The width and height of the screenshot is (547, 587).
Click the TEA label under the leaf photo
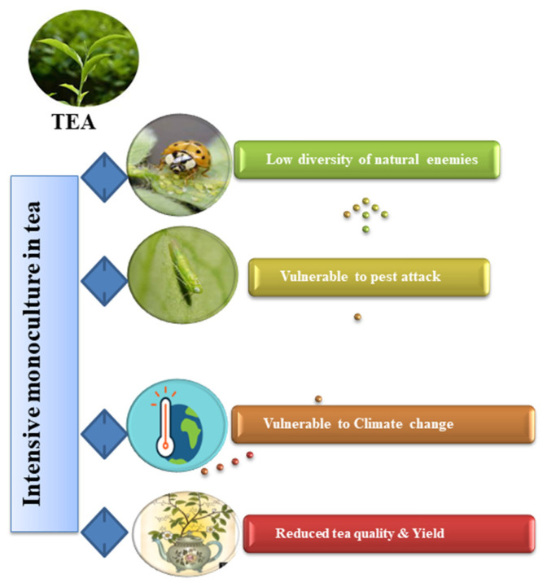tap(73, 121)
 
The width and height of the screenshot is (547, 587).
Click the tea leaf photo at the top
tap(84, 58)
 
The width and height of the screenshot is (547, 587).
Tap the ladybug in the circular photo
tap(186, 157)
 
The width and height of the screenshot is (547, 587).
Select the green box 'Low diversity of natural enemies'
tap(367, 160)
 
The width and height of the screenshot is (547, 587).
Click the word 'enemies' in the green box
tap(452, 160)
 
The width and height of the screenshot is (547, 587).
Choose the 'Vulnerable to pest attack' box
tap(370, 277)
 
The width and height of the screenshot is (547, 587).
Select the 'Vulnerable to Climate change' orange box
tap(383, 424)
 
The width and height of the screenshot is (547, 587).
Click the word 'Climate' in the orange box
tap(378, 424)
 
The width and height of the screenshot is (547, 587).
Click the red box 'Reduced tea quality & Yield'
tap(389, 534)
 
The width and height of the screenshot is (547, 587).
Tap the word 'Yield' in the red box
tap(428, 533)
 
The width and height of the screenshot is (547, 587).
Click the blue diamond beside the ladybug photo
tap(104, 177)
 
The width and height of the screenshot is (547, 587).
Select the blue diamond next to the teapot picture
tap(104, 532)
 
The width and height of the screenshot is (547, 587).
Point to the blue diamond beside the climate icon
tap(104, 434)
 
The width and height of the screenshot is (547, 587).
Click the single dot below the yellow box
tap(357, 317)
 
